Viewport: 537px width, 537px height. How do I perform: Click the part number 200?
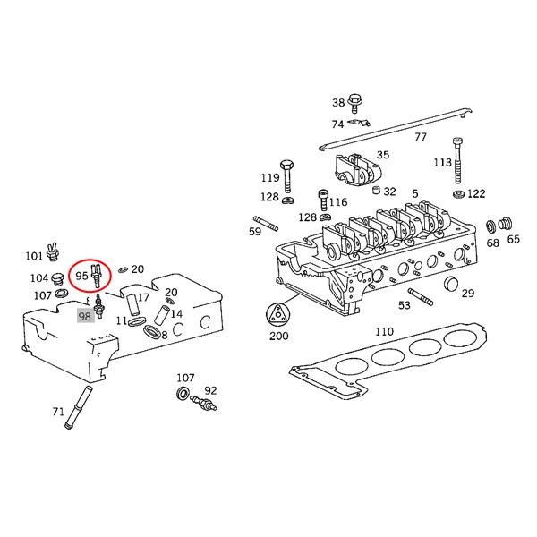[278, 337]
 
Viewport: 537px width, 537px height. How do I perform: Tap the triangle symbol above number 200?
[278, 316]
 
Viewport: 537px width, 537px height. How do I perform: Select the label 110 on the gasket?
[384, 332]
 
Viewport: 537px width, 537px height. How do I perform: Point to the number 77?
[420, 137]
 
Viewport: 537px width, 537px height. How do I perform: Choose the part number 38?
[338, 102]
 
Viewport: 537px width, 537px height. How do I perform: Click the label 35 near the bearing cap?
[382, 155]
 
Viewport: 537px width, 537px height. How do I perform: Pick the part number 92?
[210, 390]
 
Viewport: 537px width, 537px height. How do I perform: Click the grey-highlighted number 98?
[86, 317]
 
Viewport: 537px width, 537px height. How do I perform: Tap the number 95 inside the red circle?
[81, 276]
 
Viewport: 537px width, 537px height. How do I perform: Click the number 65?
[513, 239]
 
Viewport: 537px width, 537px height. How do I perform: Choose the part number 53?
[405, 305]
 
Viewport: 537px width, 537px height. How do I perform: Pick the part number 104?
[39, 278]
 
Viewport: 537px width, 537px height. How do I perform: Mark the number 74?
[337, 124]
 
